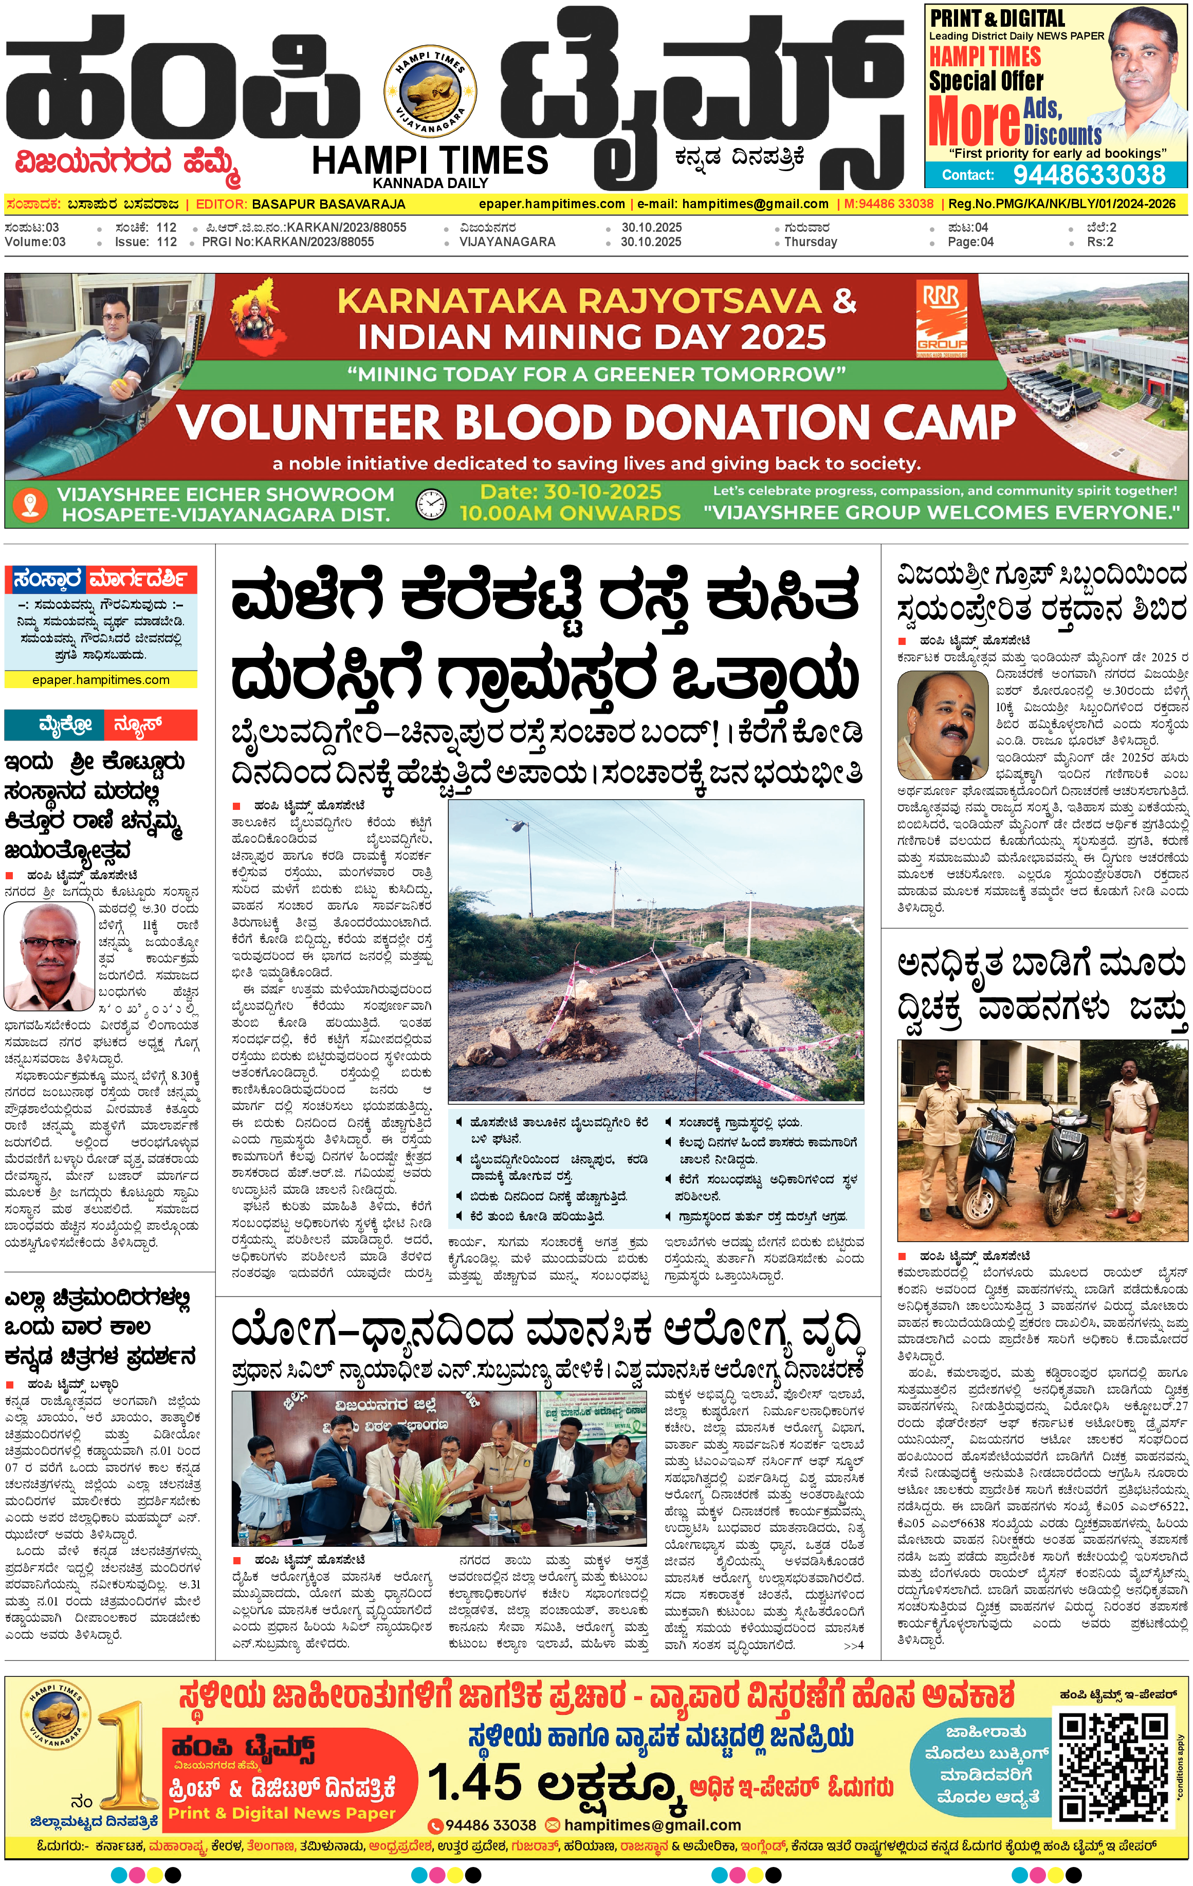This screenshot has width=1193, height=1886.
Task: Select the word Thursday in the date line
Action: tap(810, 242)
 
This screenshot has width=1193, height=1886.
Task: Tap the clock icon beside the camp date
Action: tap(430, 504)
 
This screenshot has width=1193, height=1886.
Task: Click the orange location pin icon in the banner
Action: tap(30, 504)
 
